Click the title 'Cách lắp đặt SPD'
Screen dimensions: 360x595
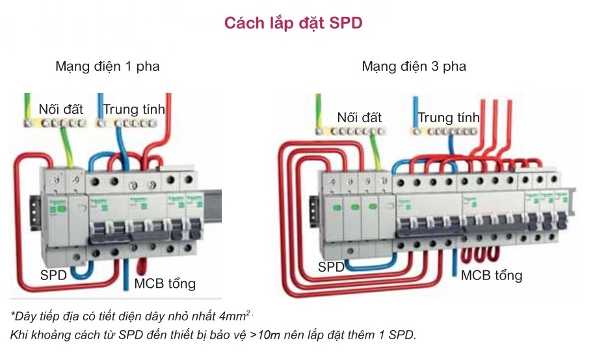(293, 23)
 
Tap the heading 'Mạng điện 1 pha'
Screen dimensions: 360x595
(107, 66)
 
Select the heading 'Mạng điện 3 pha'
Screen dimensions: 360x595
(414, 66)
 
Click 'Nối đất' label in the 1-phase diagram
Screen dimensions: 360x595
(60, 109)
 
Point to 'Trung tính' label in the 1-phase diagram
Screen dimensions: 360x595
(133, 109)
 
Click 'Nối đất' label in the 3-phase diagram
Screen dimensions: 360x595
(359, 118)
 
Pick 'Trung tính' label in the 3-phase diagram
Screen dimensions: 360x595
(448, 118)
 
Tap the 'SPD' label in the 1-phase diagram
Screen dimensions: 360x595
(53, 275)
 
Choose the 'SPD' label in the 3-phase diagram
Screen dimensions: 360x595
(332, 266)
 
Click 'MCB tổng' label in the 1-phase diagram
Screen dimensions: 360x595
(165, 283)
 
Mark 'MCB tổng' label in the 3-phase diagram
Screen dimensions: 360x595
(491, 276)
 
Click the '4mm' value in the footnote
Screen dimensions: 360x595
(233, 316)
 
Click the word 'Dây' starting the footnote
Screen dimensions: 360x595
(22, 316)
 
